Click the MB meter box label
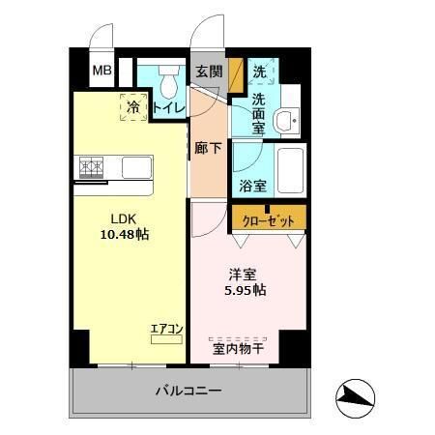click(101, 71)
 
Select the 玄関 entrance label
click(208, 71)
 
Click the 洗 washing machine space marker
click(259, 72)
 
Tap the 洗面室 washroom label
click(259, 111)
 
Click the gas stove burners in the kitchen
click(93, 167)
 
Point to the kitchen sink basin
click(136, 167)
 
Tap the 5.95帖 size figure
click(246, 289)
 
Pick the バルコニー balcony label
click(189, 392)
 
